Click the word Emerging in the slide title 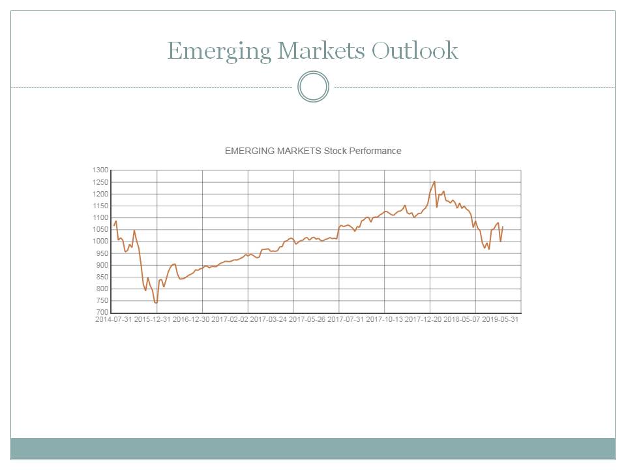(218, 51)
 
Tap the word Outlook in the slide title (415, 50)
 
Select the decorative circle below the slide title (313, 87)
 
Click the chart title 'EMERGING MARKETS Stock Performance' (313, 151)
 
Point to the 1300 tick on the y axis (100, 170)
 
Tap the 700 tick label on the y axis (102, 313)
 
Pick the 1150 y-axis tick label (100, 206)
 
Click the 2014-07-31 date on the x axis (113, 320)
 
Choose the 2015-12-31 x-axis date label (153, 320)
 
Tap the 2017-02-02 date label (230, 320)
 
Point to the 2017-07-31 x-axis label (346, 320)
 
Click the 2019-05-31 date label (500, 320)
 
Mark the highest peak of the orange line (434, 181)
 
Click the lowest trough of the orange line (156, 303)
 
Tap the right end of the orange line (503, 227)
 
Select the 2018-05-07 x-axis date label (462, 320)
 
